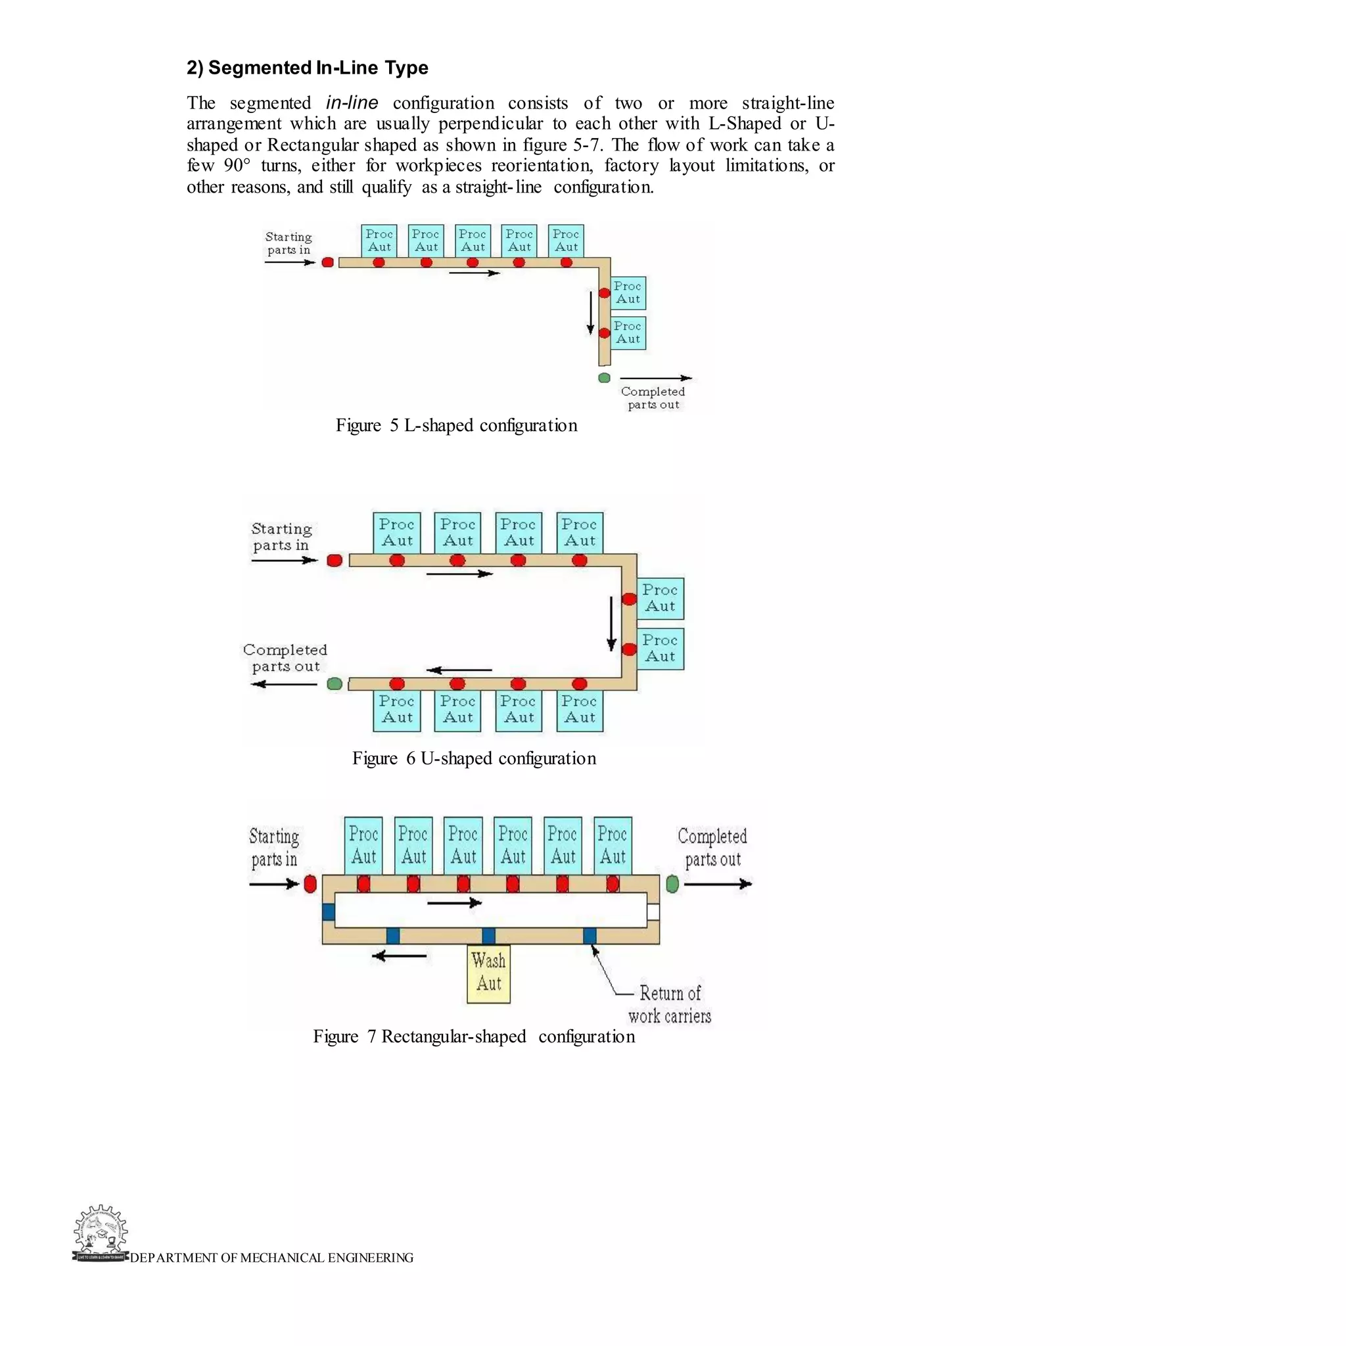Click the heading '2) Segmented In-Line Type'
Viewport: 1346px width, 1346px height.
(307, 68)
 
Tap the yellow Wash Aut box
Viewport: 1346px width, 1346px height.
(488, 973)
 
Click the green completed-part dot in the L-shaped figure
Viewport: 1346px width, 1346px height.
(604, 378)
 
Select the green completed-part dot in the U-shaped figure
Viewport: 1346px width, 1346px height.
(335, 684)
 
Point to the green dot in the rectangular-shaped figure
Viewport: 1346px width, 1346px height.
(672, 884)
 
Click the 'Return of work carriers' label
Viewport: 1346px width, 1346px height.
(670, 1004)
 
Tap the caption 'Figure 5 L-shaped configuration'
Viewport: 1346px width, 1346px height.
(456, 425)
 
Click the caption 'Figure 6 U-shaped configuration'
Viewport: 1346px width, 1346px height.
(474, 758)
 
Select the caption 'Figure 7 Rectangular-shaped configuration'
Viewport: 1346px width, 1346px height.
(474, 1036)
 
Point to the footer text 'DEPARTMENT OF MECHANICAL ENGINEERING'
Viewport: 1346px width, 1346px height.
(271, 1257)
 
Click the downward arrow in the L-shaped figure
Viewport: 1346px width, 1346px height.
(591, 313)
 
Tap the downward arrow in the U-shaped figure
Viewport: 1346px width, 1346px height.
(612, 623)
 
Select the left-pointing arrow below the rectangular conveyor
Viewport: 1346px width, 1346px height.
(399, 956)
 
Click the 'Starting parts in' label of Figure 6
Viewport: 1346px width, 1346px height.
(281, 536)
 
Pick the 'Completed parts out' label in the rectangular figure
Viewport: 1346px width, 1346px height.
(712, 847)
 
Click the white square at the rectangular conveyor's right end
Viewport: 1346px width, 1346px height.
(653, 912)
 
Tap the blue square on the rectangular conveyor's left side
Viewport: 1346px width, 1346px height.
(329, 912)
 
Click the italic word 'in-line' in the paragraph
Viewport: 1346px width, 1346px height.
(352, 103)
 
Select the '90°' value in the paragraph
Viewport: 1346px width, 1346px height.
(237, 166)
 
